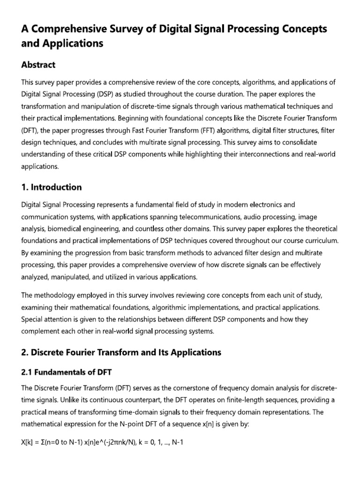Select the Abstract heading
click(38, 65)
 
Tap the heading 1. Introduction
click(52, 187)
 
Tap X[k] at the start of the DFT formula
click(27, 442)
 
